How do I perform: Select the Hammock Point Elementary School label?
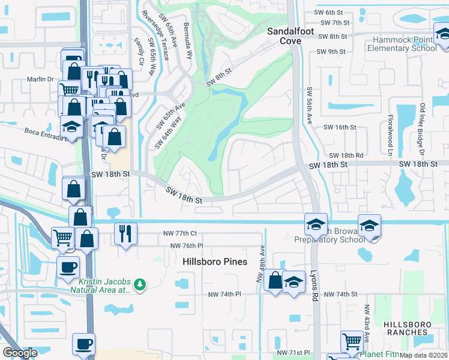pos(404,44)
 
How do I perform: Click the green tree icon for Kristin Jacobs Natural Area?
pos(139,284)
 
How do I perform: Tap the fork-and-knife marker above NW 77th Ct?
pos(125,233)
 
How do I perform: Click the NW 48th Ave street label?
pos(261,264)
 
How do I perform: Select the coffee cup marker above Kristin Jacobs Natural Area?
pos(68,266)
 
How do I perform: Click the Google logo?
pos(20,353)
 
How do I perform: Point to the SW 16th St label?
pos(340,127)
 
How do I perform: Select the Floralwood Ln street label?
pos(391,132)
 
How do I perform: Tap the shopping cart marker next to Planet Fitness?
pos(352,341)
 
